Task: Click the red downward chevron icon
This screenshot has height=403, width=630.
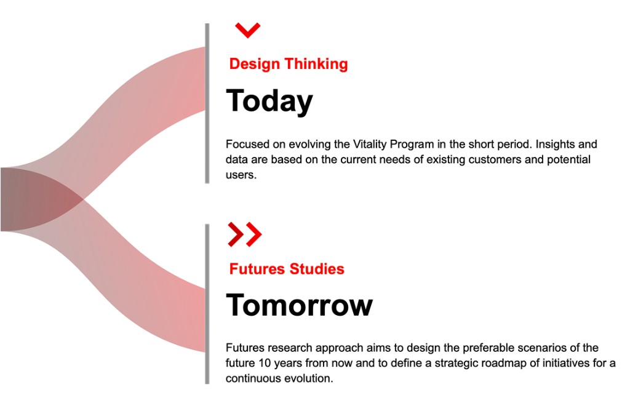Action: [247, 30]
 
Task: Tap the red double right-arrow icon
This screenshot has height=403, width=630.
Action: [244, 234]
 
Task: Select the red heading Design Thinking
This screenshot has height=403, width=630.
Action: [288, 64]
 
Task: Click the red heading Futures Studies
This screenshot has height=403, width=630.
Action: [287, 269]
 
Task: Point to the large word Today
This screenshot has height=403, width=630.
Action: [269, 101]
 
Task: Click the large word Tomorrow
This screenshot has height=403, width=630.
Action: [299, 305]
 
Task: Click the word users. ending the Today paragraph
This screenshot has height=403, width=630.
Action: [240, 175]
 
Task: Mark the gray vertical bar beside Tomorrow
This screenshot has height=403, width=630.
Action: [207, 304]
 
